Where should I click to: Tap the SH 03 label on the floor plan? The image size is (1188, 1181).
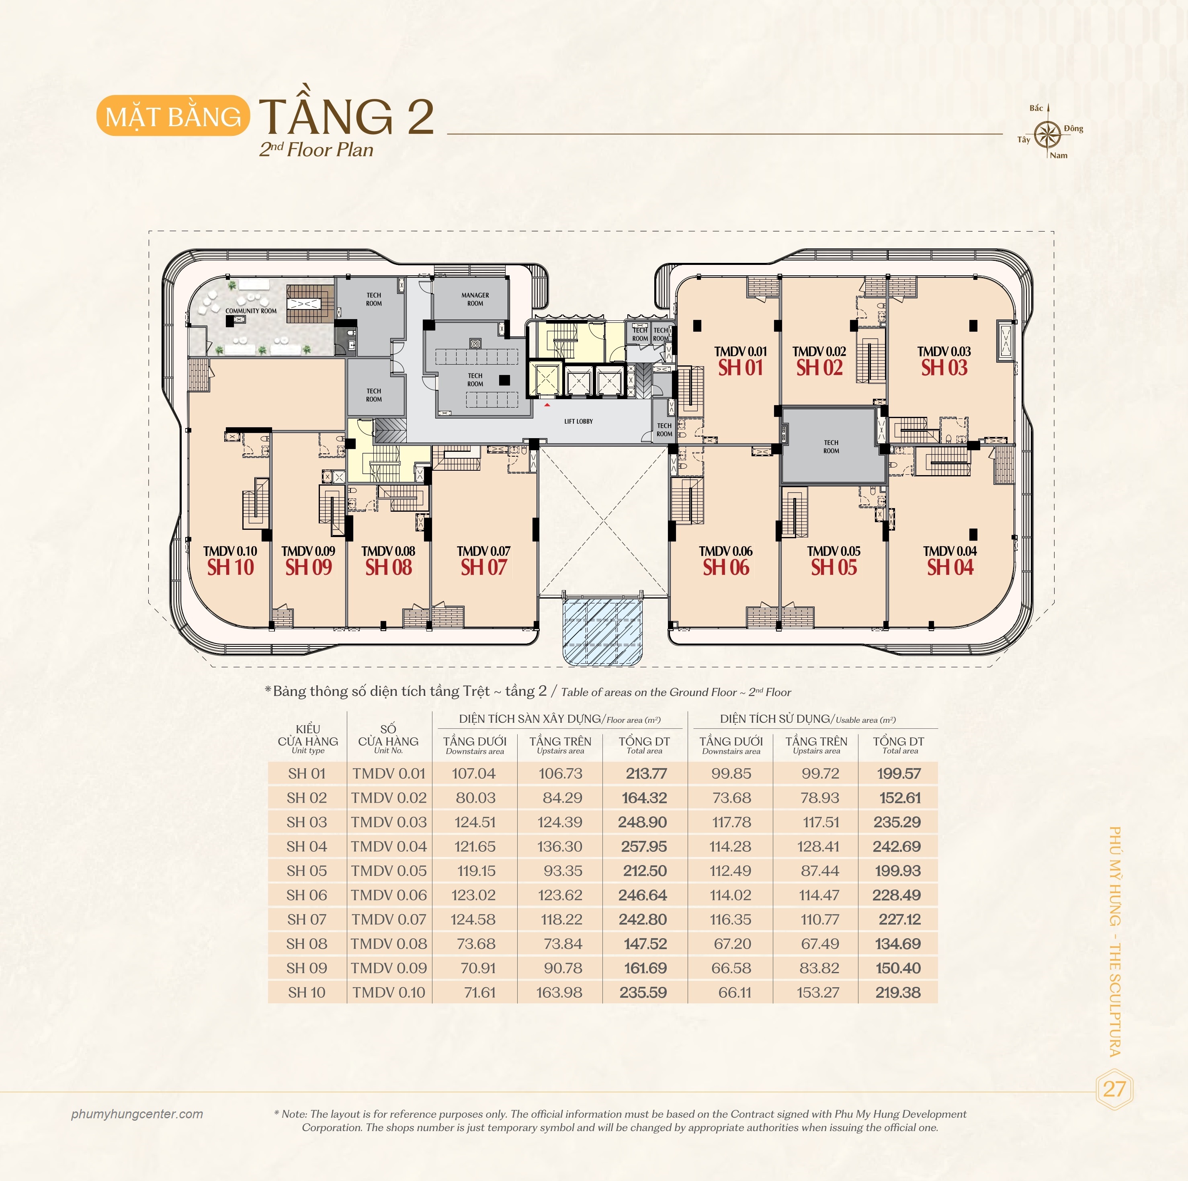(x=944, y=368)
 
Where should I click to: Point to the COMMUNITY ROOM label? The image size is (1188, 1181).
(x=251, y=311)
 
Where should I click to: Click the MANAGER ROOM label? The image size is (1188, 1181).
(x=475, y=299)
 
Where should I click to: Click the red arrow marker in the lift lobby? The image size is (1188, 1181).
(x=547, y=405)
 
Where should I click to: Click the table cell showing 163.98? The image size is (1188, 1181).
(x=559, y=992)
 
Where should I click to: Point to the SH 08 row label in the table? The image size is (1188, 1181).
(x=307, y=943)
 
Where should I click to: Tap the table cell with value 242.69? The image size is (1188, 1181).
(x=897, y=847)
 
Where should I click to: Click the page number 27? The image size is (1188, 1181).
(x=1114, y=1089)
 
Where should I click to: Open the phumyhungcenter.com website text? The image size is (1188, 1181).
(x=137, y=1114)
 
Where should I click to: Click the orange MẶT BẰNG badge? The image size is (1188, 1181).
(x=173, y=116)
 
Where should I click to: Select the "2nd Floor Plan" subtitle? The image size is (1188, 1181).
(x=316, y=150)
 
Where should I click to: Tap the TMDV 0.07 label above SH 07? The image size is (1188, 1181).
(x=483, y=551)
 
